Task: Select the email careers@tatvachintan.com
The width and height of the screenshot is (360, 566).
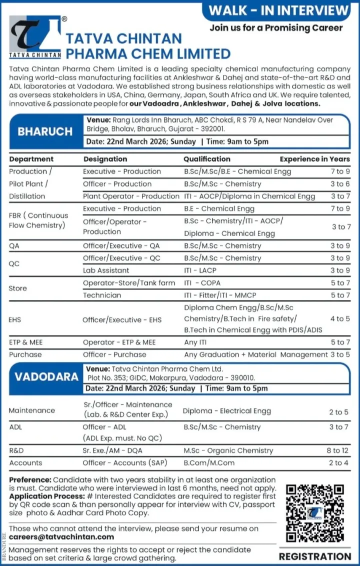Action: tap(61, 536)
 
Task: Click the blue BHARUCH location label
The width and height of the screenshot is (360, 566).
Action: tap(45, 131)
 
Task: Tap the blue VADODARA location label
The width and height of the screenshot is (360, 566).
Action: tap(46, 376)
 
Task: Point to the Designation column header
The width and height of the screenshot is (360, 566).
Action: tap(105, 159)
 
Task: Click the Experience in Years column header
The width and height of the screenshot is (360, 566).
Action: tap(314, 159)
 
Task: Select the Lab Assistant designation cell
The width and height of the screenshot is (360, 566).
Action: tap(106, 270)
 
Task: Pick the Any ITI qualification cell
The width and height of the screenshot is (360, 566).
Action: tap(198, 342)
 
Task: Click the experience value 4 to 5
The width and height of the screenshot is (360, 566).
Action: tap(340, 318)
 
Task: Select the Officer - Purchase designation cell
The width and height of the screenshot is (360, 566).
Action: tap(114, 354)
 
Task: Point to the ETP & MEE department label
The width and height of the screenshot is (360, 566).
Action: tap(26, 342)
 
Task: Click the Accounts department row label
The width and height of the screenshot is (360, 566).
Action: tap(25, 463)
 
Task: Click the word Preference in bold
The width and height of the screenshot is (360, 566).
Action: tap(30, 480)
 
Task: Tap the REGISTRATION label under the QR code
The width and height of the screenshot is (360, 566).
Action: tap(315, 556)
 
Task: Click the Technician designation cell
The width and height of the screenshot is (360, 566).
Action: tap(102, 295)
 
